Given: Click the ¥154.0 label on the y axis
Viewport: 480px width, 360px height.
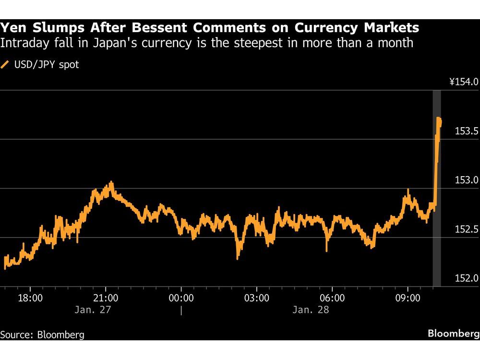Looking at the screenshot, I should coord(464,82).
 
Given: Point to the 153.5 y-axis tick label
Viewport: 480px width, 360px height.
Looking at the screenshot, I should coord(466,131).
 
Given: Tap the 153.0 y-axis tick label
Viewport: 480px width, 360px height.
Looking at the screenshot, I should coord(466,180).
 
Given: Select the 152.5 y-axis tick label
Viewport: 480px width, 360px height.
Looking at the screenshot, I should coord(466,229).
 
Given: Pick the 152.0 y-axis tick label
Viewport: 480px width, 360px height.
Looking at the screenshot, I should coord(466,278).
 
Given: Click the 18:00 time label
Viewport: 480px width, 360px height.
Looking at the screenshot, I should coord(30,298).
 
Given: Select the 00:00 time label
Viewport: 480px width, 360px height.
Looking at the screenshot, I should coord(181,298).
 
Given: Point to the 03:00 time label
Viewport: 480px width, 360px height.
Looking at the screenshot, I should coord(256,298).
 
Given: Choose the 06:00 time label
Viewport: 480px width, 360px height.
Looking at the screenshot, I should coord(332,298).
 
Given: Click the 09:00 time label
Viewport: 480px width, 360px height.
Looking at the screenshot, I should coord(408,298).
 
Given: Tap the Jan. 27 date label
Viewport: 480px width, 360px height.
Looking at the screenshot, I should coord(93,310).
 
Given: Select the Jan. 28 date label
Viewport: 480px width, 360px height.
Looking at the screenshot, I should coord(311,310).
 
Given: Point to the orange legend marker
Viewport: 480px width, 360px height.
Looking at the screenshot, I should coord(6,64).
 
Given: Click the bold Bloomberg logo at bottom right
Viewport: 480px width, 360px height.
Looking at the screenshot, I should coord(454,334).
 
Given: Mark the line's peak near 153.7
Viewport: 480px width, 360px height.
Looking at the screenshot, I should coord(439,118).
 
